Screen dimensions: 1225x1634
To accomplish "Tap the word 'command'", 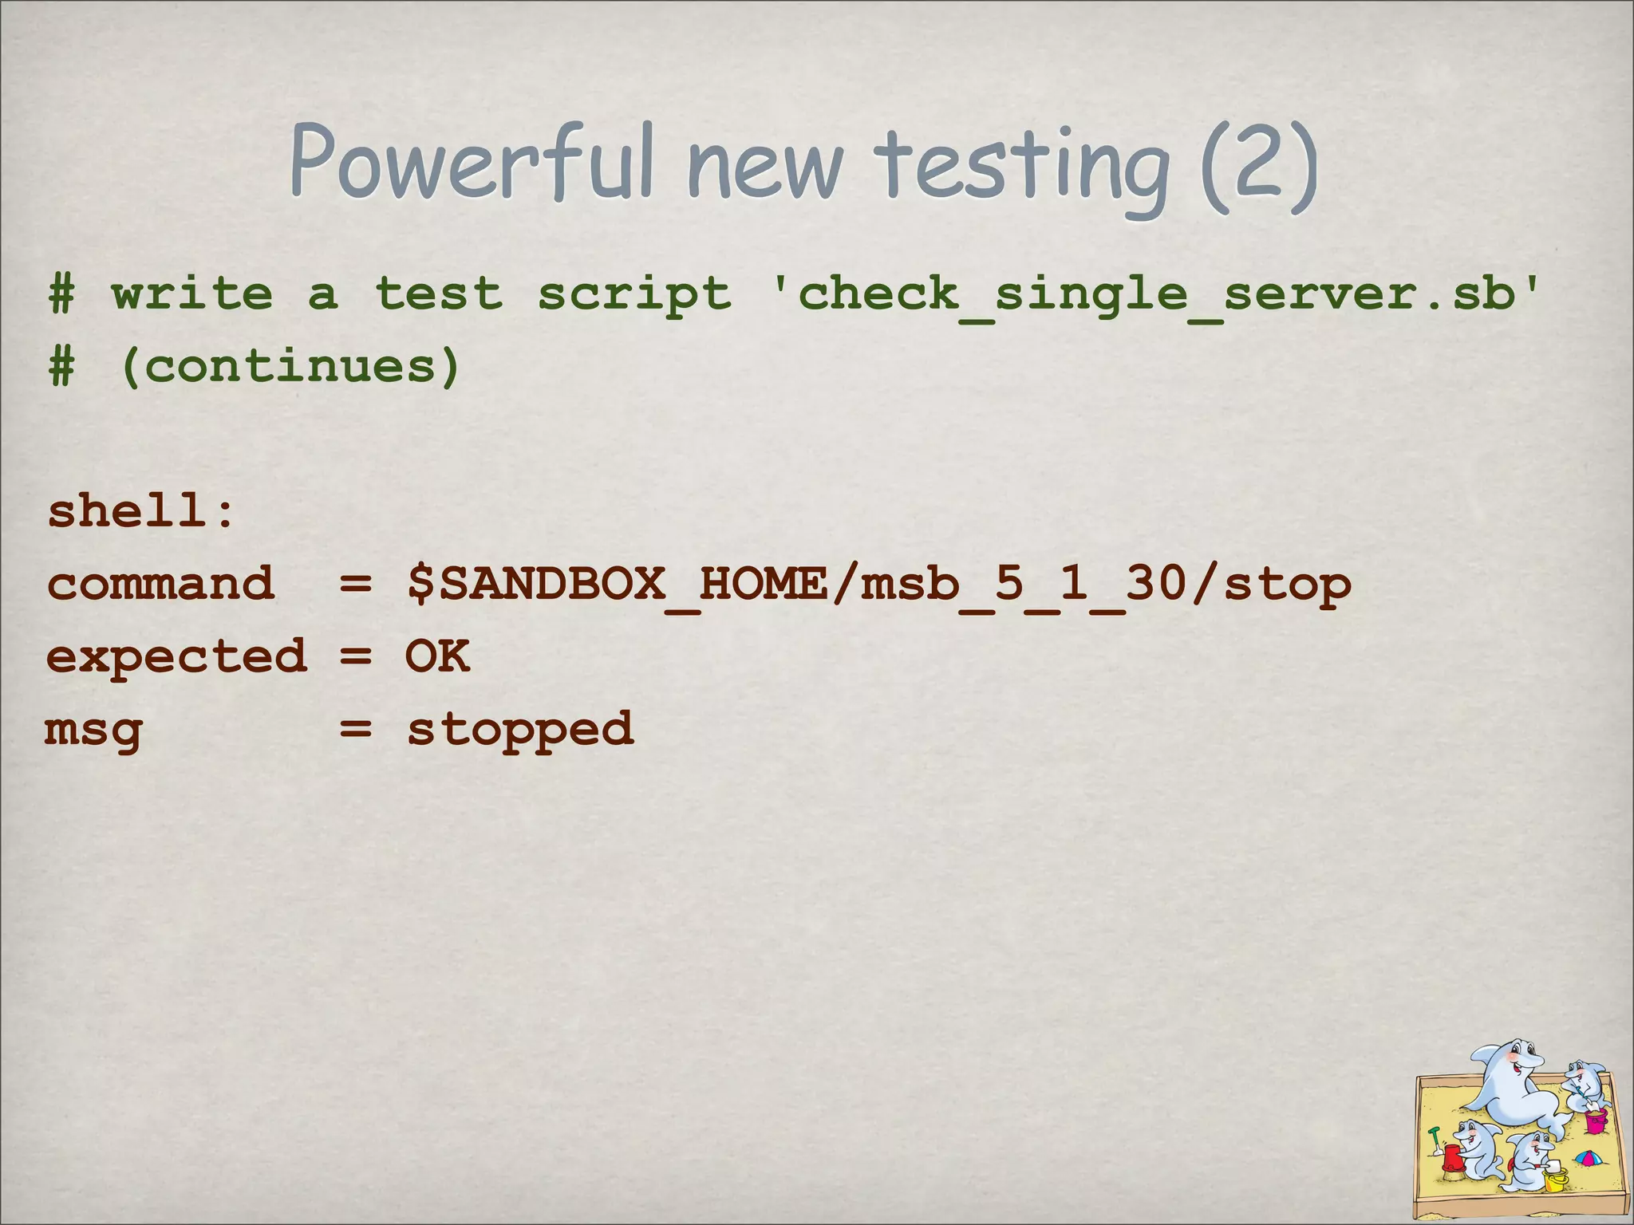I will pos(160,584).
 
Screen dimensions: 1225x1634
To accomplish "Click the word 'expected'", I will pos(176,657).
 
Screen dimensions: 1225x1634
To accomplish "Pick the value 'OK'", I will pos(437,656).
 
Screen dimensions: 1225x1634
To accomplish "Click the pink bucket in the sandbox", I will pos(1595,1121).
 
